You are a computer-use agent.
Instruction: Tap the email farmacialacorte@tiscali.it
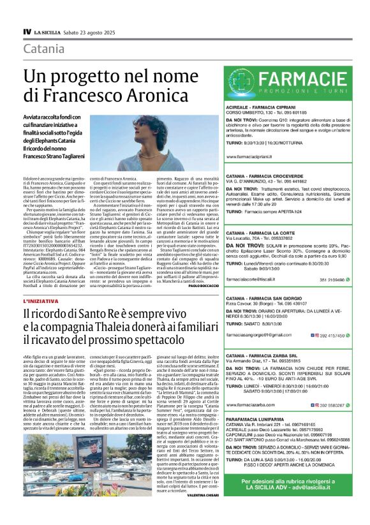(253, 262)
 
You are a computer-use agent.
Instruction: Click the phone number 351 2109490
(332, 262)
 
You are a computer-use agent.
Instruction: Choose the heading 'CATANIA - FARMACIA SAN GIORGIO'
(269, 280)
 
